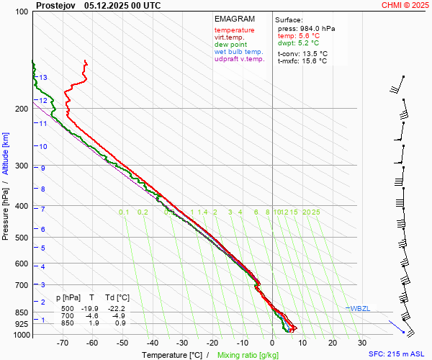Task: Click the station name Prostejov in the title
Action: (55, 5)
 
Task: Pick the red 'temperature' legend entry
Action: (234, 30)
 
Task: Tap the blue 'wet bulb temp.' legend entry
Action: (239, 52)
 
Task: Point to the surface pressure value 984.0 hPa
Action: (317, 28)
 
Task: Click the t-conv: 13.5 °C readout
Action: (302, 53)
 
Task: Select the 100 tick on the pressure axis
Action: (22, 12)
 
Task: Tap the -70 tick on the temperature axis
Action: (63, 343)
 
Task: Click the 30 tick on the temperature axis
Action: (361, 343)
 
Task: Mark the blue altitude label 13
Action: (43, 78)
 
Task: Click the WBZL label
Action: (360, 308)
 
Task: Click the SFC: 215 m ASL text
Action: (398, 354)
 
